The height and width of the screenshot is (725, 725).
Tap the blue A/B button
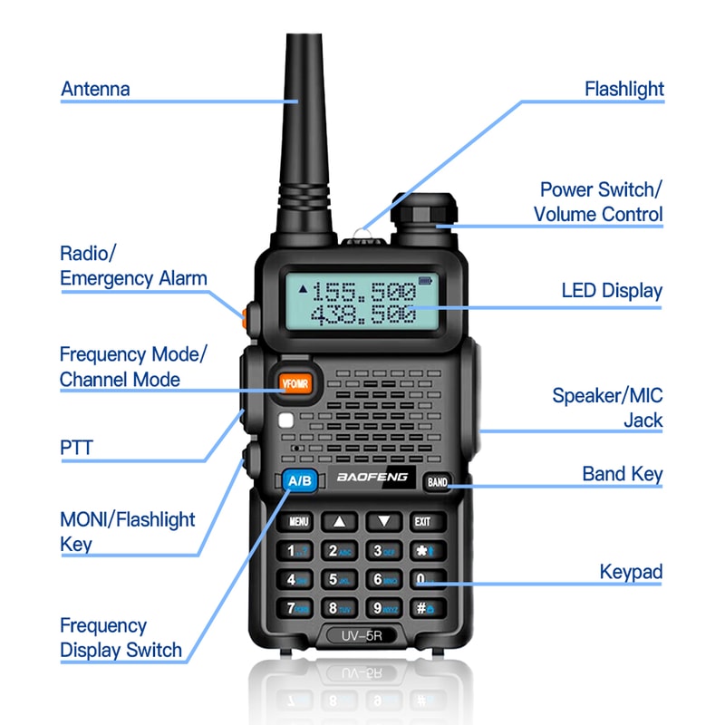click(297, 481)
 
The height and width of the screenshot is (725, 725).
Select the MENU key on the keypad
click(299, 522)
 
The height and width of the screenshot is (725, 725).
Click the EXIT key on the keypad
click(423, 522)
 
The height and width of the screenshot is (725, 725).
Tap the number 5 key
click(338, 579)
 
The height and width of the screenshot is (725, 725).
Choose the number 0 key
click(423, 579)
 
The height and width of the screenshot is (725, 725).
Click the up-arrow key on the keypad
click(340, 522)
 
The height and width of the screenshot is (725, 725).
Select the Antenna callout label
click(95, 89)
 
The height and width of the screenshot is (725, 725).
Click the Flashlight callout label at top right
click(623, 89)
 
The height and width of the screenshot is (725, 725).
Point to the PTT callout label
click(76, 447)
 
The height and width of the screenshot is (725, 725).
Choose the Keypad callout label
click(631, 572)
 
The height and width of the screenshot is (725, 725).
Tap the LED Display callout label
click(612, 291)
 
